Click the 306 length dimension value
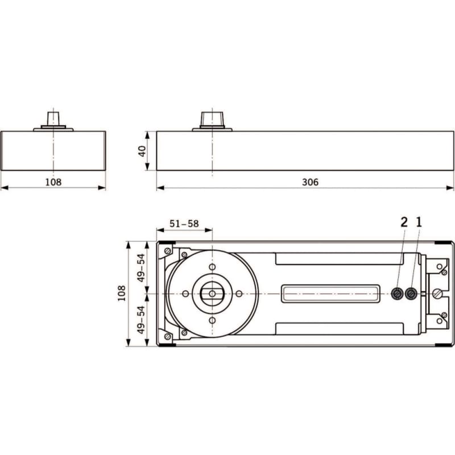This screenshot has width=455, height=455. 310,182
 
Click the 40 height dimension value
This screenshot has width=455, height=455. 142,151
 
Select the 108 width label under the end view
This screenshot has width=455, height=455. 53,182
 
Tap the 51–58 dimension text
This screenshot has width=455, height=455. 184,224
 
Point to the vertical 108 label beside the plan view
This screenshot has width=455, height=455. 122,293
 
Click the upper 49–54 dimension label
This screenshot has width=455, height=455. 141,268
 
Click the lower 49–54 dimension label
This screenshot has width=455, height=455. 141,320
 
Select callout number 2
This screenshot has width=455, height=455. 404,222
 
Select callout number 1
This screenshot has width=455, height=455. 419,222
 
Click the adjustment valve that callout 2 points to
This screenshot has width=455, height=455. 396,294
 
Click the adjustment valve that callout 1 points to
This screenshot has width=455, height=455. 411,294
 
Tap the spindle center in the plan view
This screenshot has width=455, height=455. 212,293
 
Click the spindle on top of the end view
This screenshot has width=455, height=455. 53,119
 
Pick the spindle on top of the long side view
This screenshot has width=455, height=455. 212,119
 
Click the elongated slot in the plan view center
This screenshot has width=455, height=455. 330,293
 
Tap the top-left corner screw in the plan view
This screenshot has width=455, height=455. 167,251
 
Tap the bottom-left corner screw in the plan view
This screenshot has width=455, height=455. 167,336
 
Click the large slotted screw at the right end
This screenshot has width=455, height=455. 437,293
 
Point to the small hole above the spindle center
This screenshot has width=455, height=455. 212,267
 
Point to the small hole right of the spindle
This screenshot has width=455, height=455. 239,293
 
